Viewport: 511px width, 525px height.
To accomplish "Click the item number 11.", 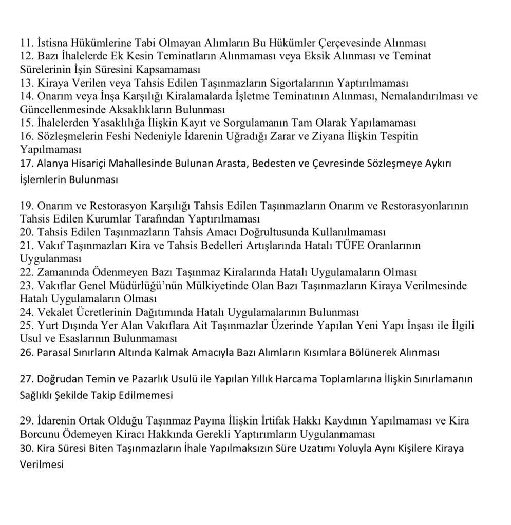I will [26, 43].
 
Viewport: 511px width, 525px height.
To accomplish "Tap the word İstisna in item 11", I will [53, 43].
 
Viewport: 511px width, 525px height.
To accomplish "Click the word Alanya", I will [54, 164].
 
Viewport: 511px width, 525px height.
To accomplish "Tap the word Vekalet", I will [54, 312].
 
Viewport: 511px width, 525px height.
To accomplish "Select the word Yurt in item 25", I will [48, 326].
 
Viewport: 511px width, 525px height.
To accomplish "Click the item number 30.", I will [27, 448].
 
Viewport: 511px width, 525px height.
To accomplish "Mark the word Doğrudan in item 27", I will [59, 379].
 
